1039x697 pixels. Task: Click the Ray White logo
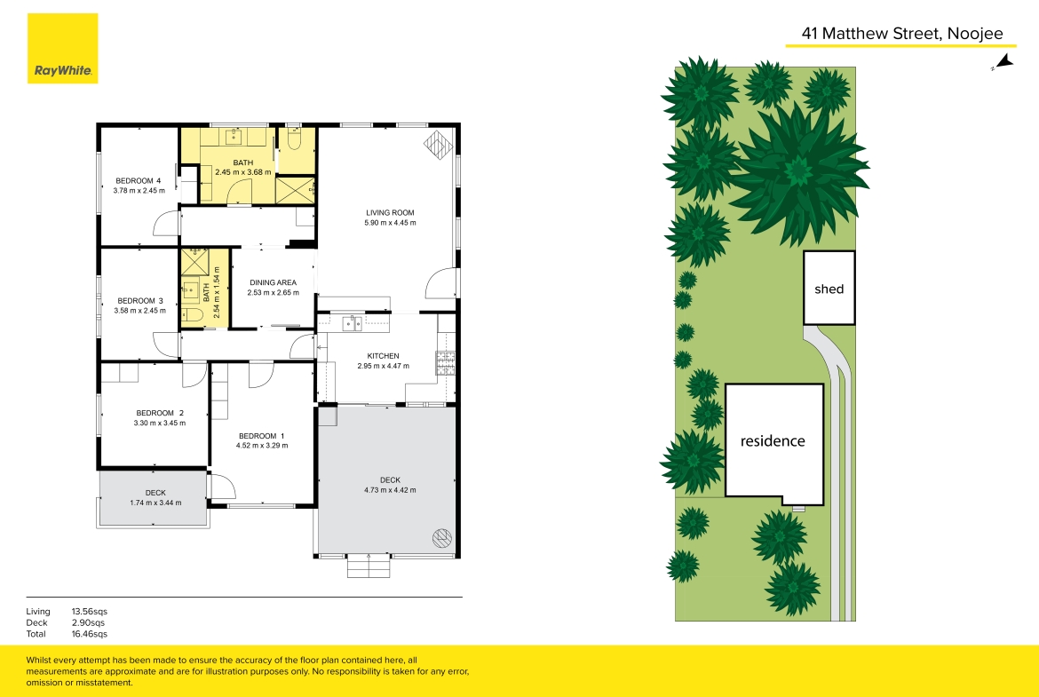coord(62,48)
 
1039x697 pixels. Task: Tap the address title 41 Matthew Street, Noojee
coord(902,34)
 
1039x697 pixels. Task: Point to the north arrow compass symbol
coord(1003,62)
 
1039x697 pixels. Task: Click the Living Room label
coord(390,213)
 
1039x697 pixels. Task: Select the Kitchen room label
coord(383,356)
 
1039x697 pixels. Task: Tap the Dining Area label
coord(273,282)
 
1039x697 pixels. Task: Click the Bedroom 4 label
coord(138,181)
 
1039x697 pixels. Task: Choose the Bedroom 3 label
coord(139,301)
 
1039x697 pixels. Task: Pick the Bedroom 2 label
coord(160,413)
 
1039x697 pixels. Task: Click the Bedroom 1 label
coord(262,436)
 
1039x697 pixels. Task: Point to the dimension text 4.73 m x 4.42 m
coord(390,490)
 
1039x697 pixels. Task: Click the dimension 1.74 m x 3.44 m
coord(155,503)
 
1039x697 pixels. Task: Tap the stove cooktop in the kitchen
coord(445,361)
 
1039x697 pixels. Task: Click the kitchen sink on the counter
coord(352,323)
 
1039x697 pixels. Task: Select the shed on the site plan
coord(829,288)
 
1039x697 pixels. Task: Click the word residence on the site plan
coord(773,441)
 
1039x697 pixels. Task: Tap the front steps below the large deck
coord(369,566)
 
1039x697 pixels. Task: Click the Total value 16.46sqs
coord(90,634)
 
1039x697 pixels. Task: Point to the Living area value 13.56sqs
coord(90,612)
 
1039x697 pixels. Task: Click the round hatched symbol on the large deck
coord(442,537)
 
